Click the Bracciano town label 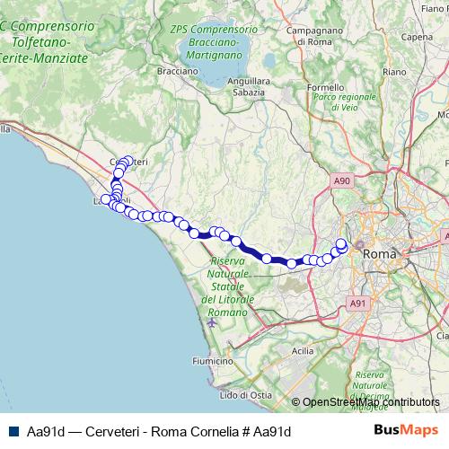177,69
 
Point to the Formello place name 325,87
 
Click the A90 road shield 341,181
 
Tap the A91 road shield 357,304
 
